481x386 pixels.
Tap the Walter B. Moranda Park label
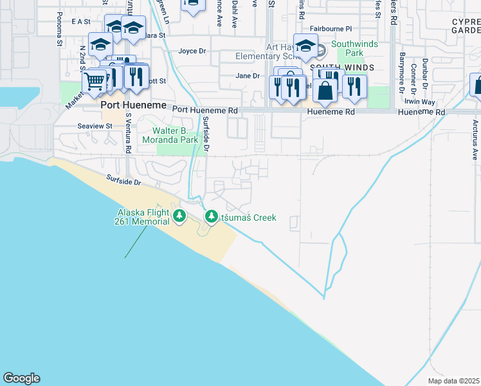coord(170,134)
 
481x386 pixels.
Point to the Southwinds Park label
coord(348,48)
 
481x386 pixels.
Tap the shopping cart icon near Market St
coord(95,82)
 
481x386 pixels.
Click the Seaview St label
coord(95,126)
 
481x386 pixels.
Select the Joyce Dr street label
coord(192,51)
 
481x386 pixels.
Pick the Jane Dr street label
coord(248,75)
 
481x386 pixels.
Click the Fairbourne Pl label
coord(331,29)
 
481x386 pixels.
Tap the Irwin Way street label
coord(420,102)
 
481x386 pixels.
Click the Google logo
coord(21,378)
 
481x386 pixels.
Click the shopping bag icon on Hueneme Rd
coord(326,91)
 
